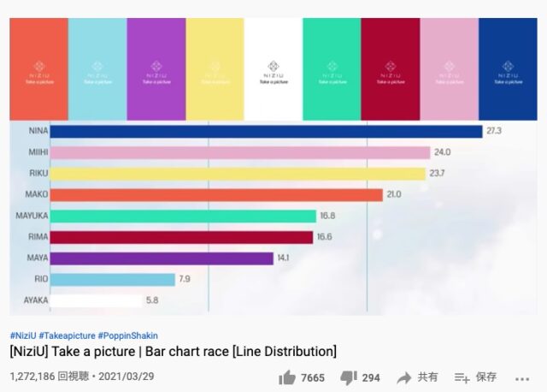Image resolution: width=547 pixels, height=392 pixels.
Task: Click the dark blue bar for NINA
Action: pyautogui.click(x=266, y=131)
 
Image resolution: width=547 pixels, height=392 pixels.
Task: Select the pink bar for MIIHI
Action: pyautogui.click(x=239, y=152)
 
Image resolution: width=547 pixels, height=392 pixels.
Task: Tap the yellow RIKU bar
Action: pyautogui.click(x=237, y=174)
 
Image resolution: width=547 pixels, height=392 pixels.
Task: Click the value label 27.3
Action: pyautogui.click(x=494, y=131)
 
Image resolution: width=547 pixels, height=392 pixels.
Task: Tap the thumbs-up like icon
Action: pyautogui.click(x=287, y=377)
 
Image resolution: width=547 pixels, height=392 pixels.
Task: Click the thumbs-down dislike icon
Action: pyautogui.click(x=348, y=377)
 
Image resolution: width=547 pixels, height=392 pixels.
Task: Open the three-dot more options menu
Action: pyautogui.click(x=522, y=377)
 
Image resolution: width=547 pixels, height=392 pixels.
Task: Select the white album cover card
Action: pyautogui.click(x=273, y=68)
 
